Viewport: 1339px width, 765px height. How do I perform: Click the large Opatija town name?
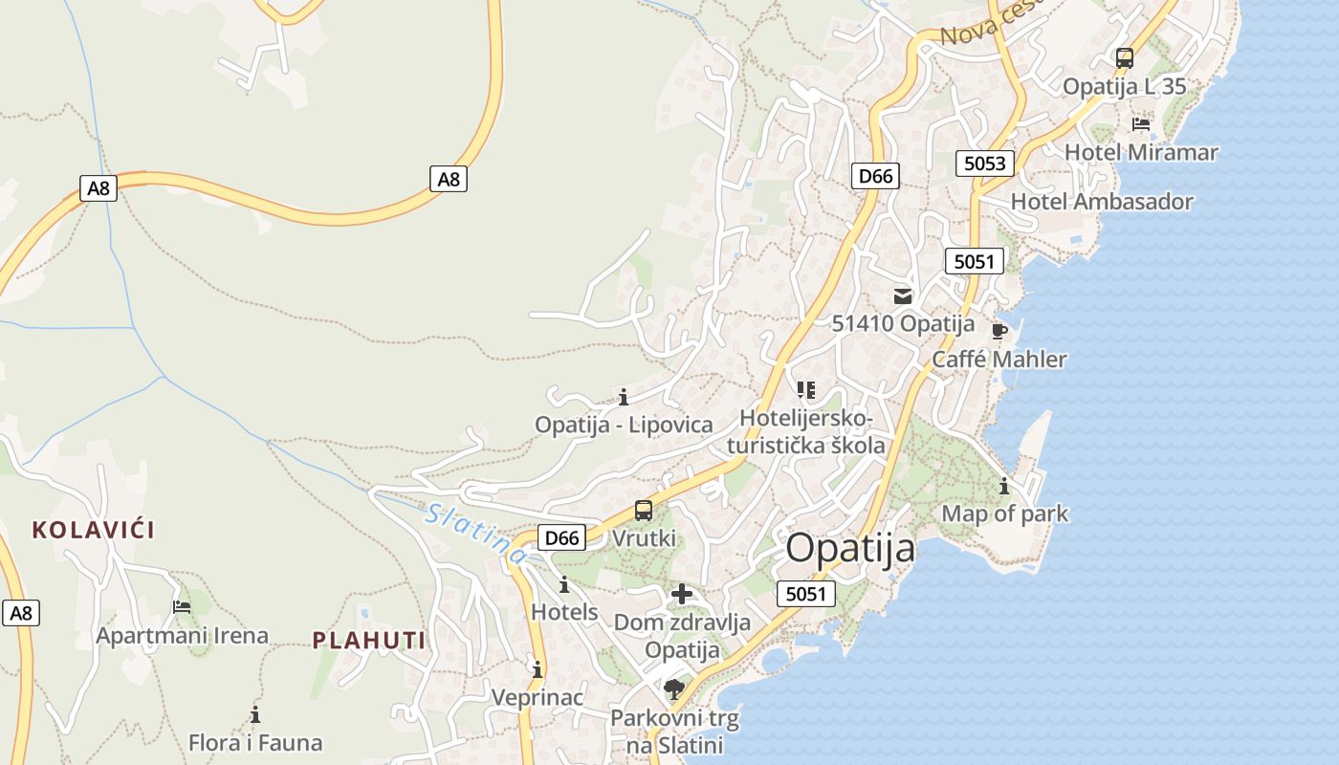pyautogui.click(x=850, y=549)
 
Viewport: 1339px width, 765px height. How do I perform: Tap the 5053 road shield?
pyautogui.click(x=984, y=164)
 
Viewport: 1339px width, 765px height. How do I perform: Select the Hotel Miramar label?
pyautogui.click(x=1141, y=152)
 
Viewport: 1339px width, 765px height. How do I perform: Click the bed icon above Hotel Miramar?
pyautogui.click(x=1140, y=123)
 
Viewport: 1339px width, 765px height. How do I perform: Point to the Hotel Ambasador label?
pyautogui.click(x=1102, y=202)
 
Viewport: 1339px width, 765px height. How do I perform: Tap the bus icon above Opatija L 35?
pyautogui.click(x=1125, y=57)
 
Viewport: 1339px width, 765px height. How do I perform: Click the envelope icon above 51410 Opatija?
pyautogui.click(x=903, y=296)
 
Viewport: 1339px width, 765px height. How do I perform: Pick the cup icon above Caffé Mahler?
pyautogui.click(x=999, y=332)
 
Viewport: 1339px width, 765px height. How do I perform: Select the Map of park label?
pyautogui.click(x=1005, y=514)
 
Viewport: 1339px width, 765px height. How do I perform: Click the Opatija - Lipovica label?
pyautogui.click(x=624, y=425)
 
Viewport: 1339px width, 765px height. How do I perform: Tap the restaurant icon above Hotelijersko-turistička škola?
pyautogui.click(x=806, y=390)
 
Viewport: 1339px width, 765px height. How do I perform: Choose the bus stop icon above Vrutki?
pyautogui.click(x=644, y=511)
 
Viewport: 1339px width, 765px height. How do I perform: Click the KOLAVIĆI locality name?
pyautogui.click(x=94, y=530)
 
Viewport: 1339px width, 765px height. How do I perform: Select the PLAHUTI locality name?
pyautogui.click(x=369, y=641)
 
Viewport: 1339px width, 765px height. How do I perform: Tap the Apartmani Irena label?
pyautogui.click(x=182, y=636)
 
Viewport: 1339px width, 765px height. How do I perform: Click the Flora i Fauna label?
pyautogui.click(x=255, y=743)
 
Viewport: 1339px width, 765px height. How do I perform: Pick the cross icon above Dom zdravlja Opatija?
pyautogui.click(x=682, y=595)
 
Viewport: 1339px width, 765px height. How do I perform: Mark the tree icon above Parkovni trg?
pyautogui.click(x=674, y=688)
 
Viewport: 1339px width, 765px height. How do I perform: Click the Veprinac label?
pyautogui.click(x=538, y=697)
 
